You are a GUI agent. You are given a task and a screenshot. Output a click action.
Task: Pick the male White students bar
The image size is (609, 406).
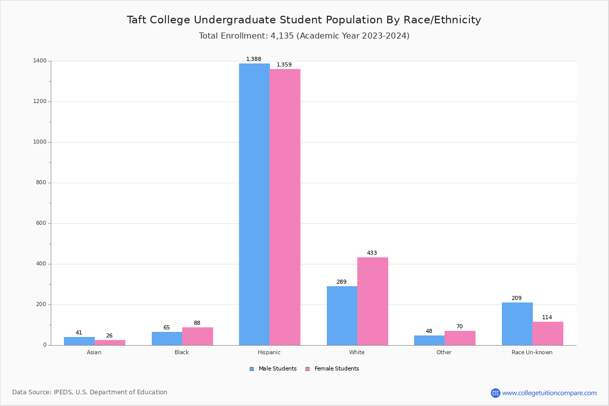point(342,316)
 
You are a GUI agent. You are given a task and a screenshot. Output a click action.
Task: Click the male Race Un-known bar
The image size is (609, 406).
point(517,324)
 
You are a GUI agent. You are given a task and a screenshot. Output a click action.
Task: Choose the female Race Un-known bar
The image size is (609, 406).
point(548,333)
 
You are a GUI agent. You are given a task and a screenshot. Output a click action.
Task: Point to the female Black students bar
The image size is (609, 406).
point(197,336)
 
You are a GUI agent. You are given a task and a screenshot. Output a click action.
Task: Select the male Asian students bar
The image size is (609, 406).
point(79,341)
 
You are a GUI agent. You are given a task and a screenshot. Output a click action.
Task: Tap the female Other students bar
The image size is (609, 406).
point(460,338)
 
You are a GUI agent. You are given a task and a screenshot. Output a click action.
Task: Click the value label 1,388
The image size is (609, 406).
point(254,59)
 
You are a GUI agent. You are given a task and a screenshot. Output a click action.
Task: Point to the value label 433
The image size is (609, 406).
point(372,253)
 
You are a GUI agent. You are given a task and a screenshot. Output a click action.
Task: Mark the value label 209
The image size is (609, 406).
point(516,298)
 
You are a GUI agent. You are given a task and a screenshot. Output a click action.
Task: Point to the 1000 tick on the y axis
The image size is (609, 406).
point(40,142)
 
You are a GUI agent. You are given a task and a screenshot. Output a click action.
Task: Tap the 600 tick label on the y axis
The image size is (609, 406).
point(41,223)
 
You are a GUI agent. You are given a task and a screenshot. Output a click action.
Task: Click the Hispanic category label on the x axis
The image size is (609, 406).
point(269,352)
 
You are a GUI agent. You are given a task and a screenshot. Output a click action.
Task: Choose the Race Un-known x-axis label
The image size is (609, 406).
point(532,352)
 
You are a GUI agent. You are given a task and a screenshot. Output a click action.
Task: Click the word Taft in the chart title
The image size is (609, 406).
point(137,20)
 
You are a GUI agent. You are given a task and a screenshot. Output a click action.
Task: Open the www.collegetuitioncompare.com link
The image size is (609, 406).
point(549,393)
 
